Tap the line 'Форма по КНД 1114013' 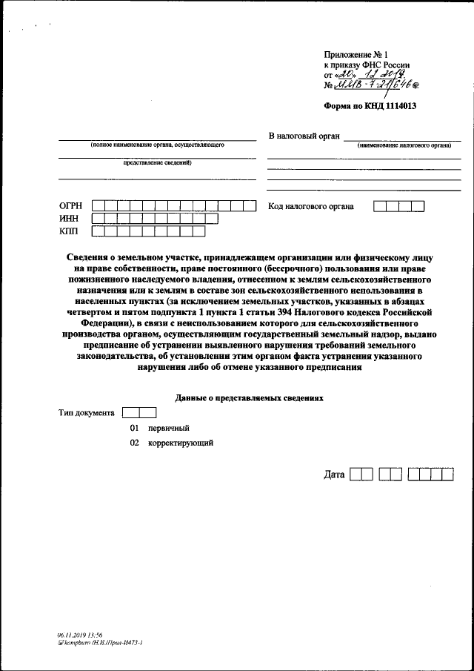point(370,106)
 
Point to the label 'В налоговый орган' point(304,136)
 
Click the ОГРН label point(72,205)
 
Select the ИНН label point(70,219)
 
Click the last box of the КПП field point(198,231)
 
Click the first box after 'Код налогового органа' point(380,206)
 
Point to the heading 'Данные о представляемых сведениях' point(250,397)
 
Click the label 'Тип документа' point(86,412)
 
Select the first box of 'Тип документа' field point(130,412)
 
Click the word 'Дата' point(334,474)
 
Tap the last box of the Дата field point(447,474)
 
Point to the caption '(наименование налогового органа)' point(404,145)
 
